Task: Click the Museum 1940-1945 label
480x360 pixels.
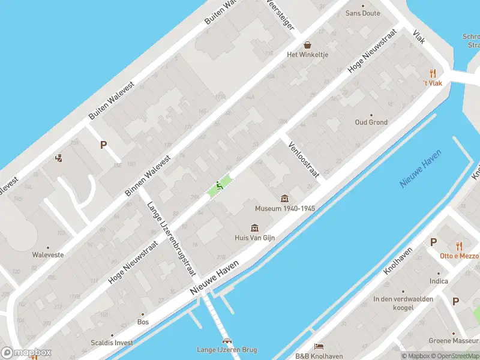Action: tap(285, 209)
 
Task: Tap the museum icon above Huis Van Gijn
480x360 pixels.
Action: tap(254, 227)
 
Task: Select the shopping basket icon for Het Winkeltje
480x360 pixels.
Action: tap(308, 45)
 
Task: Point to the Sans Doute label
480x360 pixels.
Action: tap(362, 13)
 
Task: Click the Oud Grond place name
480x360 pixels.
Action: tap(371, 122)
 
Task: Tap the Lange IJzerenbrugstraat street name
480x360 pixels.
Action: tap(172, 239)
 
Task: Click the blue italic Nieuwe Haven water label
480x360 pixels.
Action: tap(421, 169)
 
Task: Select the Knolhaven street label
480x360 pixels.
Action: tap(398, 262)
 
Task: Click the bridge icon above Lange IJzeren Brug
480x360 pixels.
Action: tap(227, 340)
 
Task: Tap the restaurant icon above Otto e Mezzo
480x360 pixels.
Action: tap(459, 245)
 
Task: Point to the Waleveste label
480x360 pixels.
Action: tap(48, 254)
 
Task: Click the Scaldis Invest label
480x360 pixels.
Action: tap(112, 343)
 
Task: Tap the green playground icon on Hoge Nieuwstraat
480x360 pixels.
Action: tap(220, 186)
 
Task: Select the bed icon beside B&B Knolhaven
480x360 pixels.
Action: tap(319, 347)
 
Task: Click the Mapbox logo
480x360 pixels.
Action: tap(25, 353)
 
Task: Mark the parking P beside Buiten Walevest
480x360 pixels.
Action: tap(103, 145)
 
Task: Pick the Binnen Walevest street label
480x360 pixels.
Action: tap(148, 175)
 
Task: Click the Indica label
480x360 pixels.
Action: tap(439, 281)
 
